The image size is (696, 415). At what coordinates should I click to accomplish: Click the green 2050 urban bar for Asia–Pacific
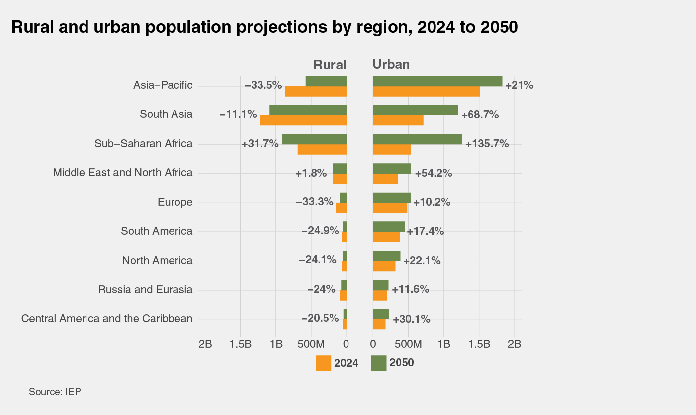tap(437, 81)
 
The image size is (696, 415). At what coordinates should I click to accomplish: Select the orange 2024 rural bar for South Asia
tap(303, 120)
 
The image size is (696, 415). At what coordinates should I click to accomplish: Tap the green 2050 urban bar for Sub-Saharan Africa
tap(417, 139)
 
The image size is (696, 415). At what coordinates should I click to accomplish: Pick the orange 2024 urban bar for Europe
tap(390, 208)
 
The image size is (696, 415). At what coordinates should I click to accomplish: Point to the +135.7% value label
tap(487, 144)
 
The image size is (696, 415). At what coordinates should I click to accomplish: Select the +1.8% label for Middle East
tap(311, 173)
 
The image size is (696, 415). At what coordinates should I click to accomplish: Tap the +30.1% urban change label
tap(412, 319)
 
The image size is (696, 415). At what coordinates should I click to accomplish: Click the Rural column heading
tap(330, 64)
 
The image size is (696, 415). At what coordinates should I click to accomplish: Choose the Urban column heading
tap(391, 64)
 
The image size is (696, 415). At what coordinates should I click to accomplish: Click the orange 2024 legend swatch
tap(323, 363)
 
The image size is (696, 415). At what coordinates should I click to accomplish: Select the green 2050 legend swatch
tap(379, 363)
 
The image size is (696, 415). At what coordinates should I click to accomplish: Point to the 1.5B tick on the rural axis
tap(241, 344)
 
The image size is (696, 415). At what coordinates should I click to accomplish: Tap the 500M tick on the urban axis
tap(408, 344)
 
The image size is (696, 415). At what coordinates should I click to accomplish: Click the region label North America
tap(157, 261)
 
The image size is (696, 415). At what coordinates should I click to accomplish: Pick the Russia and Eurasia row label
tap(145, 290)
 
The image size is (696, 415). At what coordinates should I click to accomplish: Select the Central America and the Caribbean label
tap(107, 319)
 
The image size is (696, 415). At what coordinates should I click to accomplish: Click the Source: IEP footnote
tap(55, 392)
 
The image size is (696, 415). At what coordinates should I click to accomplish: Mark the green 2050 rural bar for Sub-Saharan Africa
tap(314, 139)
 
